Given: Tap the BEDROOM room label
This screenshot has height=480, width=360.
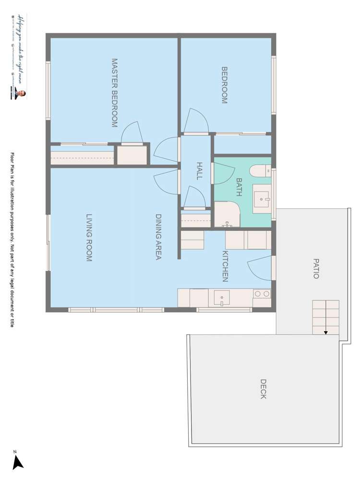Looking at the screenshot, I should [x=224, y=85].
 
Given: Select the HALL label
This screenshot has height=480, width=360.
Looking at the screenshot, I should [x=199, y=171].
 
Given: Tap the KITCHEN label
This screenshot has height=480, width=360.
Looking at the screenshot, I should [x=225, y=266].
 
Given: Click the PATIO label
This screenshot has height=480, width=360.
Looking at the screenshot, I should [x=315, y=269].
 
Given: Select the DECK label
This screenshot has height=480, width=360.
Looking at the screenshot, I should [x=263, y=389].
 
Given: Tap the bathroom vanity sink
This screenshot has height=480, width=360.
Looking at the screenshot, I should [x=262, y=197].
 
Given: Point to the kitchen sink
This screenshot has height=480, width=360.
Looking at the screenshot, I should [x=221, y=298].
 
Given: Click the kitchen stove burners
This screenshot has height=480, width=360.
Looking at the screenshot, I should [x=262, y=294].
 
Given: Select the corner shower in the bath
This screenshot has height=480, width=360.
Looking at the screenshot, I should [x=227, y=215].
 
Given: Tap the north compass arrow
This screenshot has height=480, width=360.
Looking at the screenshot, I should [x=18, y=462].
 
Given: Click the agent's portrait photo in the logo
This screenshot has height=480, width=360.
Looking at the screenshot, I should [x=22, y=94].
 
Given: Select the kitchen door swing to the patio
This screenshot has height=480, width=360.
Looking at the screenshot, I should [x=260, y=268].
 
